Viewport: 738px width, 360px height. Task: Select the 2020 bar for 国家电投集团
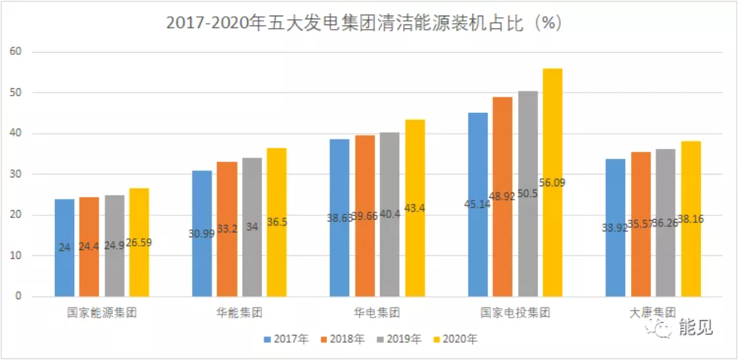[x=552, y=182]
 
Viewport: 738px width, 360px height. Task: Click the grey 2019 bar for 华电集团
[x=390, y=215]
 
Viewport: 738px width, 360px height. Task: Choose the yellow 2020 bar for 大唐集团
[x=690, y=218]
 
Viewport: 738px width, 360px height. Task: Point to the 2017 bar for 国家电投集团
[x=477, y=204]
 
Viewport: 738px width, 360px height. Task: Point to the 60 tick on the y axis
[x=16, y=52]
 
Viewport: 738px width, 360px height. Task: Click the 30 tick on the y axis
[x=16, y=174]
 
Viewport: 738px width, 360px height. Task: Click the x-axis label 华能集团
[x=239, y=312]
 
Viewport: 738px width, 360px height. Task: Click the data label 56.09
[x=552, y=183]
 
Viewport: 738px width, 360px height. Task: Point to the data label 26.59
[x=139, y=242]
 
